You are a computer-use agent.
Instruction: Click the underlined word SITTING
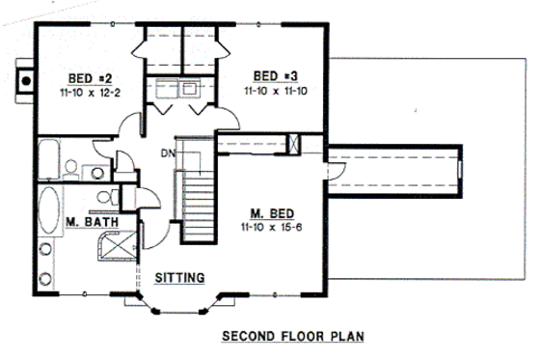pos(180,278)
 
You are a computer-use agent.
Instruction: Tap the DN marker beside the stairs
pos(167,152)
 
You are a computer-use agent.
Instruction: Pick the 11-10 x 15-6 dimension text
pos(273,229)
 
